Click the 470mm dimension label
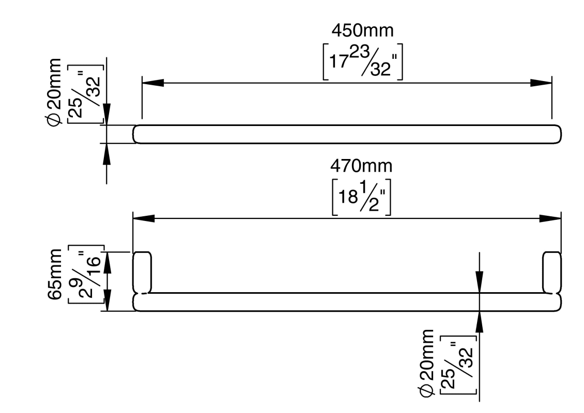click(361, 166)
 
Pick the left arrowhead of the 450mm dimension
click(152, 83)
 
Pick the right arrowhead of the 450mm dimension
click(541, 83)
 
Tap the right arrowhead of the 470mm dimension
click(550, 218)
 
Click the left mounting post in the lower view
click(143, 272)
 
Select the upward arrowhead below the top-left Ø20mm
click(107, 153)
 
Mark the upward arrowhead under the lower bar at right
click(480, 321)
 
